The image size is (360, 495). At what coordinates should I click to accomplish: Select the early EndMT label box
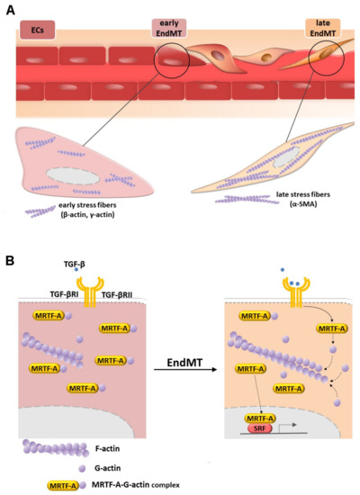coord(171,31)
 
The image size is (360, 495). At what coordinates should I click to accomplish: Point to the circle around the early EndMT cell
coord(169,66)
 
